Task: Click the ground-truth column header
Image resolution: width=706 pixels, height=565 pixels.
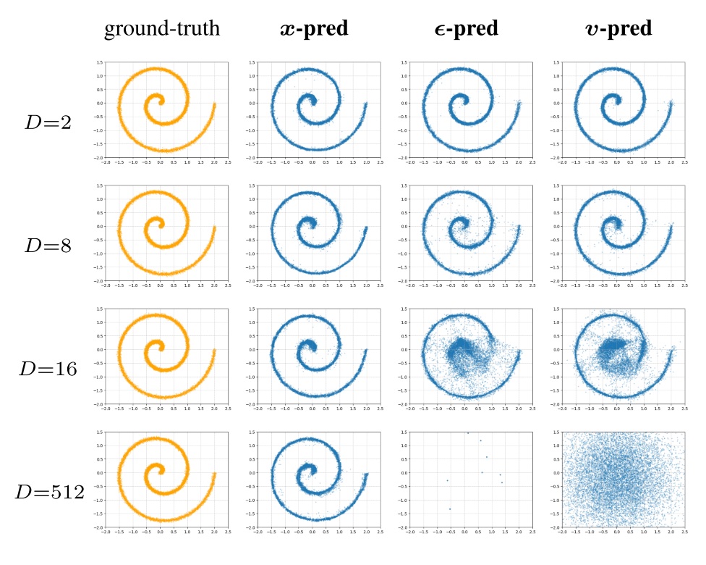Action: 161,30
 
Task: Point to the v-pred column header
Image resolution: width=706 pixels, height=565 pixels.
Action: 619,30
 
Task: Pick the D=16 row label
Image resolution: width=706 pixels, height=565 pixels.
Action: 46,369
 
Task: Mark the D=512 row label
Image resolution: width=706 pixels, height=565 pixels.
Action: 49,493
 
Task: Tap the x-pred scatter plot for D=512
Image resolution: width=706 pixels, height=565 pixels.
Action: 312,479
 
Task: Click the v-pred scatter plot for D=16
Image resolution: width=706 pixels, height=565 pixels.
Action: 617,356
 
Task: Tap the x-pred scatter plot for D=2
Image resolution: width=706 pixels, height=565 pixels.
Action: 312,109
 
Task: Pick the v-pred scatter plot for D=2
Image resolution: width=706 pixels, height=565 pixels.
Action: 617,109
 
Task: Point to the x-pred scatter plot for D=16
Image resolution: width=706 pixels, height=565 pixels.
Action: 312,356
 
